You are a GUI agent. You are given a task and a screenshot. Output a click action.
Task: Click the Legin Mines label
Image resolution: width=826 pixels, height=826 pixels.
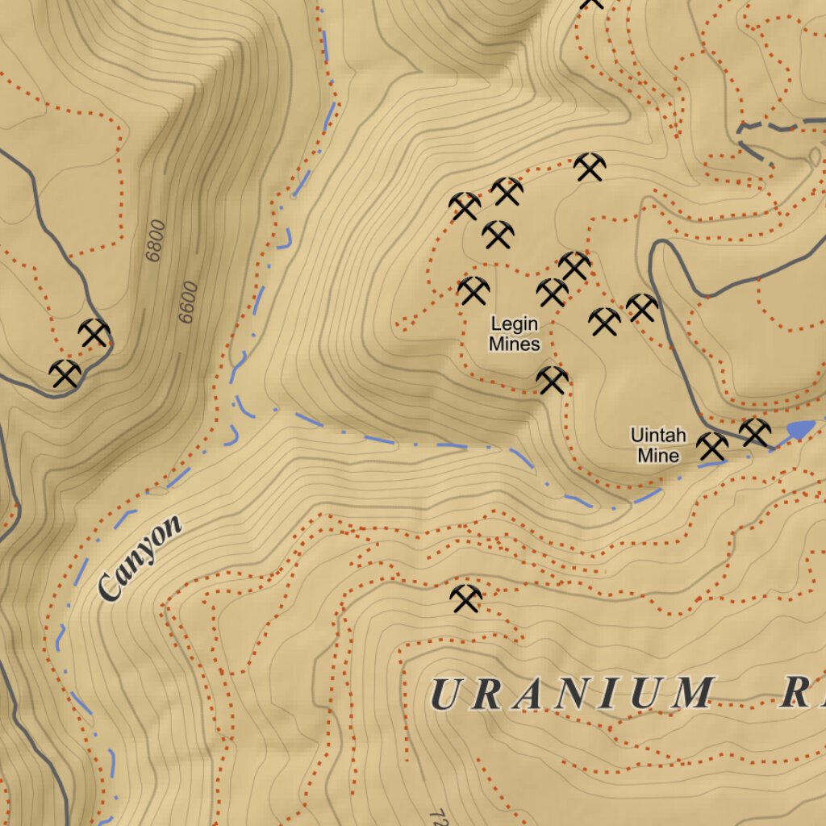pyautogui.click(x=514, y=334)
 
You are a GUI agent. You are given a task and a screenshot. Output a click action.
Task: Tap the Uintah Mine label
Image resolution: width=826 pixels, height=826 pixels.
pyautogui.click(x=658, y=445)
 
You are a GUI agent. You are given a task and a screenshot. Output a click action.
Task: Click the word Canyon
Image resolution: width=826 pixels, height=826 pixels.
pyautogui.click(x=140, y=558)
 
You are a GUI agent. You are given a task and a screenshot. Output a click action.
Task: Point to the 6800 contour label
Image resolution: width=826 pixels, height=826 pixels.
pyautogui.click(x=154, y=240)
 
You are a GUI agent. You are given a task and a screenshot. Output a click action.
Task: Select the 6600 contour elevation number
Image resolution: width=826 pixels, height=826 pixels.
pyautogui.click(x=188, y=302)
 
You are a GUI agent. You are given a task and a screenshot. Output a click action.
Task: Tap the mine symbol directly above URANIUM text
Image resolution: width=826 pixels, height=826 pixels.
pyautogui.click(x=465, y=598)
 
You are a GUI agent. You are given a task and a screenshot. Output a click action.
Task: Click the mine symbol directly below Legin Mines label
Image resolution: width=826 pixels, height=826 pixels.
pyautogui.click(x=552, y=379)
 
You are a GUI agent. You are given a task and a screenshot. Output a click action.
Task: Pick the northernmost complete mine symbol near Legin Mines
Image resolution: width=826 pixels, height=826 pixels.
pyautogui.click(x=590, y=167)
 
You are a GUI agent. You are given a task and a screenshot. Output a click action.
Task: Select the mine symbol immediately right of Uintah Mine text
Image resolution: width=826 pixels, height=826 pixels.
pyautogui.click(x=711, y=445)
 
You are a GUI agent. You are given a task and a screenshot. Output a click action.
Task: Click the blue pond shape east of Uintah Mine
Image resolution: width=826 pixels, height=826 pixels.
pyautogui.click(x=800, y=429)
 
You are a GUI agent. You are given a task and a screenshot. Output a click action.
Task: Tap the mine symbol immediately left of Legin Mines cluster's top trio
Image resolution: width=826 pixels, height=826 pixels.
pyautogui.click(x=465, y=206)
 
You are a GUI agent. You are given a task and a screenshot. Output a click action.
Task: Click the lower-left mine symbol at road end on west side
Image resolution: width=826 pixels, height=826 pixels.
pyautogui.click(x=65, y=373)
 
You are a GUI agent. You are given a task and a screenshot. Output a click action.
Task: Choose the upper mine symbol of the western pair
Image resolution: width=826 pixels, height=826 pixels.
pyautogui.click(x=94, y=332)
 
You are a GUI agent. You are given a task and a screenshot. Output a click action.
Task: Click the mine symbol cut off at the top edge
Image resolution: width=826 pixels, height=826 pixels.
pyautogui.click(x=592, y=3)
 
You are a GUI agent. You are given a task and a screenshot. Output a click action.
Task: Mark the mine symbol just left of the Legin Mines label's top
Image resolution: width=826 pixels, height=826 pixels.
pyautogui.click(x=473, y=290)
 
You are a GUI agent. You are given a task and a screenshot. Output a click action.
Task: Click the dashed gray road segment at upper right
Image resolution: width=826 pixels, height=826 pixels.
pyautogui.click(x=778, y=127)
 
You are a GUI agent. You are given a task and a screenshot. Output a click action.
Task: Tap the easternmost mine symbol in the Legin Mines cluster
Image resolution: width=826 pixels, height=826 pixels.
pyautogui.click(x=642, y=307)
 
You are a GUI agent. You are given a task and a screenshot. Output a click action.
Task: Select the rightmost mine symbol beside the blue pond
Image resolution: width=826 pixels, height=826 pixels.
pyautogui.click(x=754, y=432)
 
